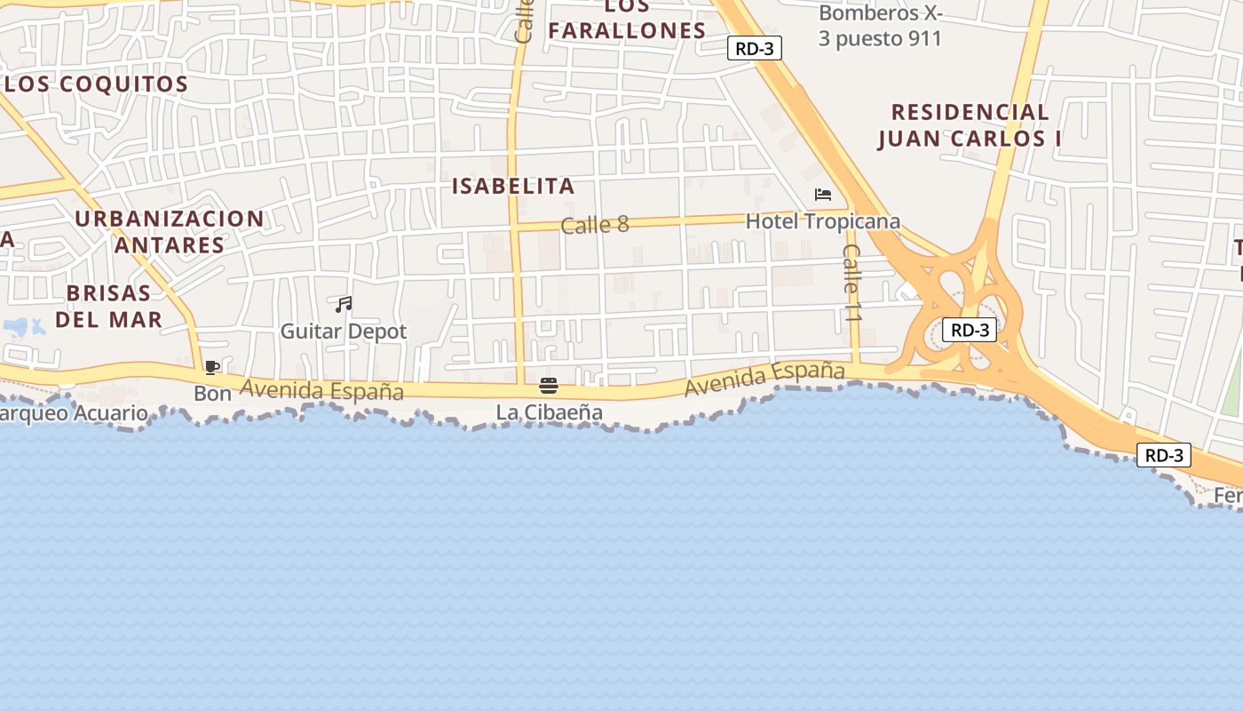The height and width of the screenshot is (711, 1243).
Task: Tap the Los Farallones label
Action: pos(627,20)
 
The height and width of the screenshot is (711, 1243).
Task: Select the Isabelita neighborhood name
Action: pos(513,187)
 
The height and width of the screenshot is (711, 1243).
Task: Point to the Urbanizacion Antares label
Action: pos(169,231)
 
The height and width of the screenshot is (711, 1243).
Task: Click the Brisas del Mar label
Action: pos(108,306)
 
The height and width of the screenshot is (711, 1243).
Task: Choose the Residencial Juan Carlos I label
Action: pos(970,125)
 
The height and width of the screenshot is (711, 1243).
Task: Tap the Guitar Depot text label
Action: pos(344,332)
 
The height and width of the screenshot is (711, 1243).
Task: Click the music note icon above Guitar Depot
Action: pos(344,305)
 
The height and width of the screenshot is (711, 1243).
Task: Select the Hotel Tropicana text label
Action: pos(822,221)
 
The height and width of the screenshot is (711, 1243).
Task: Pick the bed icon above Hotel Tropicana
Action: pos(823,195)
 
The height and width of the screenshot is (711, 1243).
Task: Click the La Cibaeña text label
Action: pos(549,412)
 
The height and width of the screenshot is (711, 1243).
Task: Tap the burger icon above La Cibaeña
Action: pos(549,386)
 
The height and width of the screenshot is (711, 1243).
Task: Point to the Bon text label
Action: pos(212,393)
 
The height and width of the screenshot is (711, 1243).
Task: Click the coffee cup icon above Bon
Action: pos(212,367)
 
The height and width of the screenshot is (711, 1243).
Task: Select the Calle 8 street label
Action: pos(595,225)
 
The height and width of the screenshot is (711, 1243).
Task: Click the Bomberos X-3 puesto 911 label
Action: pos(880,26)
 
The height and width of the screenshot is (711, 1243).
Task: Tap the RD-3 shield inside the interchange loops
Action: pos(969,330)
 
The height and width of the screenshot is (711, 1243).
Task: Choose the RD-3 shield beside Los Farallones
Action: pos(754,48)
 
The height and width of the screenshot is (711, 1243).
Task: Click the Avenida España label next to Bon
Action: pos(321,390)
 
